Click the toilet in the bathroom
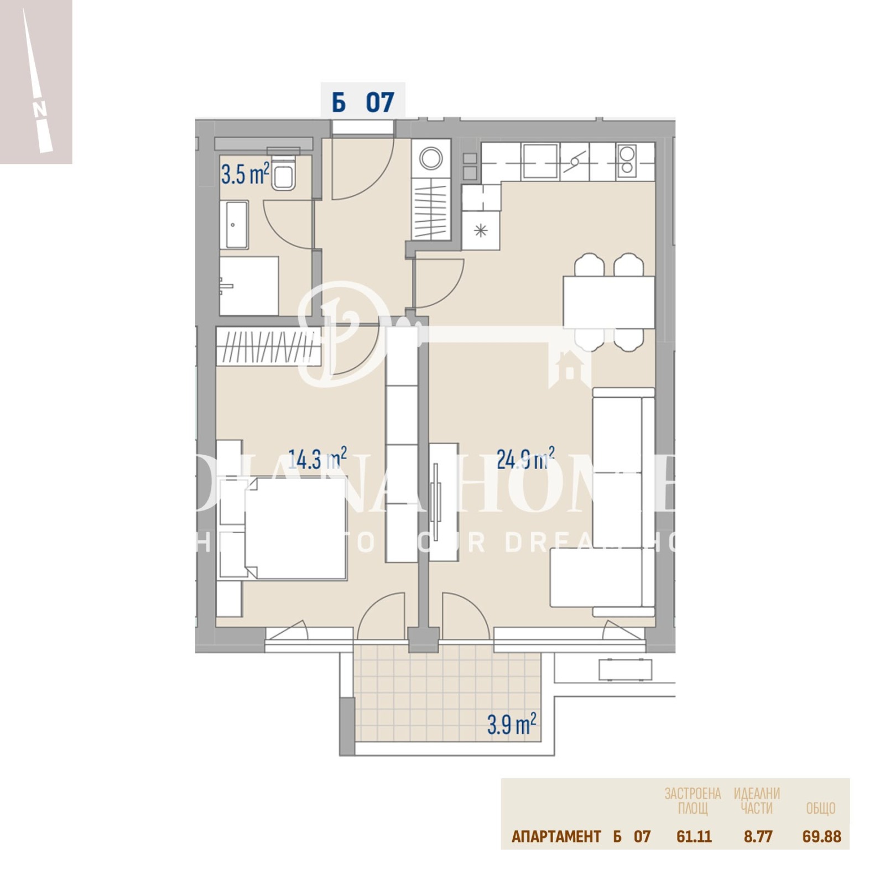(x=284, y=175)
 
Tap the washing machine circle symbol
(x=431, y=159)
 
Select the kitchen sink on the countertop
(x=540, y=160)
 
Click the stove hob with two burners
(x=627, y=160)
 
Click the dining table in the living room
(x=608, y=302)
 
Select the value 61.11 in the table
(x=694, y=836)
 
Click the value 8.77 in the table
(x=758, y=836)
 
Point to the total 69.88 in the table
(x=821, y=836)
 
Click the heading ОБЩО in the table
(x=820, y=809)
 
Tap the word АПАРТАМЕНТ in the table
(x=556, y=836)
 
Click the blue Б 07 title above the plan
(x=363, y=102)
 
